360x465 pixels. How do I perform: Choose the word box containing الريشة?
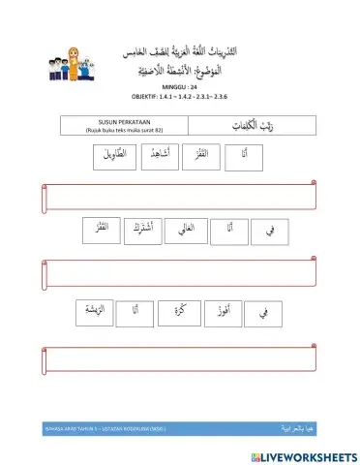pos(90,312)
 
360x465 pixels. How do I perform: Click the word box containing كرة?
pos(177,312)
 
